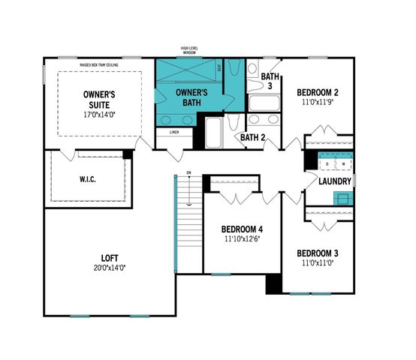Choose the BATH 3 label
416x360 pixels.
(270, 82)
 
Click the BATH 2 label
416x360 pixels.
(253, 137)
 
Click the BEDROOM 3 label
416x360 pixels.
(317, 253)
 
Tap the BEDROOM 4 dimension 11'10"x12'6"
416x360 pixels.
(241, 240)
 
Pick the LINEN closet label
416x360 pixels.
(174, 133)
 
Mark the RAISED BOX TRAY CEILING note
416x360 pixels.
(100, 65)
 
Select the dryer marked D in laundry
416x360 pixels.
(327, 163)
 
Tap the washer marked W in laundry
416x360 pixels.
(343, 163)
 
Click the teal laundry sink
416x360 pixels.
(342, 198)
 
